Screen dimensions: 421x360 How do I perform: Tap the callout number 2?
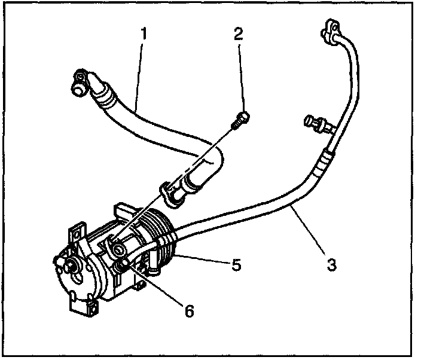(x=239, y=34)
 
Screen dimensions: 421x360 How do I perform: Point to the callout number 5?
(x=236, y=264)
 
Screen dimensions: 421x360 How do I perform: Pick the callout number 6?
(x=188, y=311)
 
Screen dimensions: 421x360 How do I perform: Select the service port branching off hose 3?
(x=316, y=122)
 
